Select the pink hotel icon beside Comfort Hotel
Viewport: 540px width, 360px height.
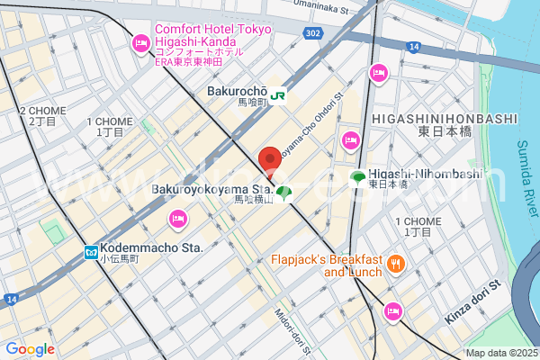point(141,42)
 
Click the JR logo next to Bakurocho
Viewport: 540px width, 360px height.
point(279,93)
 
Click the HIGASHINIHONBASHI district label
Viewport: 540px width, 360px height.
point(445,119)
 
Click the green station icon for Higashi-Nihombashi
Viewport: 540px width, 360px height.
point(358,177)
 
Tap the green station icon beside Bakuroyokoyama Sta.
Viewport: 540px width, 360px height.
point(284,192)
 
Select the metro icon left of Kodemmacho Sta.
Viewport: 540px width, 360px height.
point(91,254)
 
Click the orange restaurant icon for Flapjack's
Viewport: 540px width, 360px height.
point(396,265)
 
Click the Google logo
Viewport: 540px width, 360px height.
point(30,348)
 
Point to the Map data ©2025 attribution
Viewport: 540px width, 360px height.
point(501,353)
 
